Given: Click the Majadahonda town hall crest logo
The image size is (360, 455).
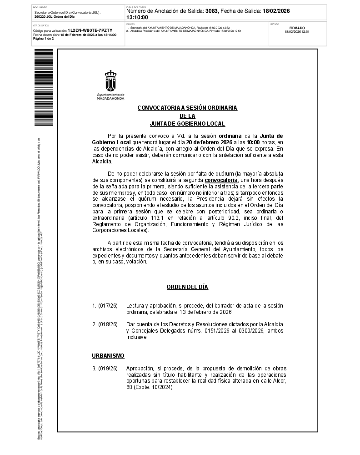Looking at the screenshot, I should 110,81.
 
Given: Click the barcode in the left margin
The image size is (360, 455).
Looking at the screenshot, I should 44,88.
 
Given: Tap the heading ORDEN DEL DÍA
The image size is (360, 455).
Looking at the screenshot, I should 187,287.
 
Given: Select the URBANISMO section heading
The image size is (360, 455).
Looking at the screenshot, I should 108,355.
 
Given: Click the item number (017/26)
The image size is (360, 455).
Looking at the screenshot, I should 108,306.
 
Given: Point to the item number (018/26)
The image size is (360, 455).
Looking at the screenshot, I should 108,324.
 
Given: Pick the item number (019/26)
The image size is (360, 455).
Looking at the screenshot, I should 108,368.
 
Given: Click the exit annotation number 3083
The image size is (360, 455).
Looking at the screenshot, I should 211,11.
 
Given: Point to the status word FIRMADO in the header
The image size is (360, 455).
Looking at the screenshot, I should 297,28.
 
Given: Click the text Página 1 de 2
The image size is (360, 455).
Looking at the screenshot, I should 43,39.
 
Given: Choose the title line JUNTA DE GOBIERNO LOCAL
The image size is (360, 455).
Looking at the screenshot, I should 187,124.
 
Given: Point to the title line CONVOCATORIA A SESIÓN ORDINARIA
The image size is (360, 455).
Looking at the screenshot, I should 187,108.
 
